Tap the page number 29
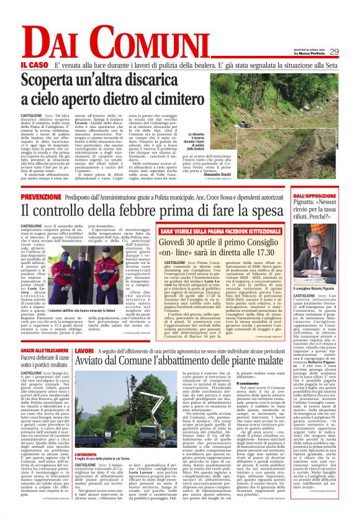pos(334,52)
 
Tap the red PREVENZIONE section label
pos(41,196)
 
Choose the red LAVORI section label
pos(84,352)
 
